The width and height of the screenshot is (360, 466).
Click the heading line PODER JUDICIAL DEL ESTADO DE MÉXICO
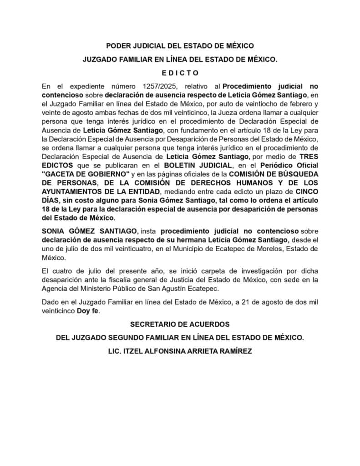pos(180,46)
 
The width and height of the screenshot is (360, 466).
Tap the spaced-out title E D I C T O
pos(180,73)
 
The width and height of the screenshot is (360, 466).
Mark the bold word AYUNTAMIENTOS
pos(70,191)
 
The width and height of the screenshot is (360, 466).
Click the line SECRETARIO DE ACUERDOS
pos(180,324)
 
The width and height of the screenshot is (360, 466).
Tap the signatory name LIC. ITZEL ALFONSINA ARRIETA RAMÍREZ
pos(180,351)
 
